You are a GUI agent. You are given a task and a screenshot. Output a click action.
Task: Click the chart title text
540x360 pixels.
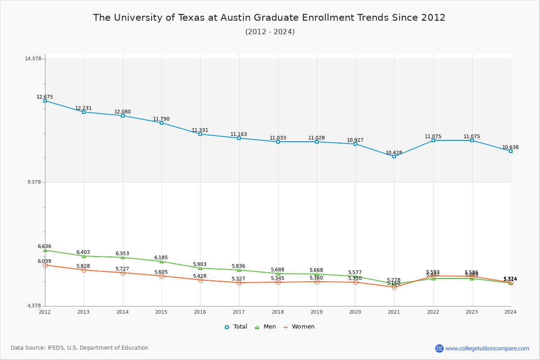point(269,18)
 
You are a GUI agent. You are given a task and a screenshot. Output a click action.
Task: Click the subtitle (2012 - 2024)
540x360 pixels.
point(270,32)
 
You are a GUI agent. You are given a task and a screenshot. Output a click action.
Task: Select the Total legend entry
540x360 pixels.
point(236,327)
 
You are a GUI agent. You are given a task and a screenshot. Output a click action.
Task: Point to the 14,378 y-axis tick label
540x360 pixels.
point(33,59)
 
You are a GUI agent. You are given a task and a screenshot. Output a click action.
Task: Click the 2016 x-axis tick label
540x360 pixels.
point(200,312)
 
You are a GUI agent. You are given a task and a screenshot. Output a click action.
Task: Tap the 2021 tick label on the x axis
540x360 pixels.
point(394,312)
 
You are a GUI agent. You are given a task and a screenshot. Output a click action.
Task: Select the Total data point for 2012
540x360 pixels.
point(45,101)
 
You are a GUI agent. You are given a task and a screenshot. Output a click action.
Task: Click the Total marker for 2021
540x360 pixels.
point(394,157)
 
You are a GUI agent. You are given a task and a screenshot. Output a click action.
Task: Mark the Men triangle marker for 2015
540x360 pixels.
point(162,261)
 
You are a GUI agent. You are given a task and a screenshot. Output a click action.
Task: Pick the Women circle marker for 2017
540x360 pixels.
point(239,283)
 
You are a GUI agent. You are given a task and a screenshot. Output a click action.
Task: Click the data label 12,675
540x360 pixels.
point(45,97)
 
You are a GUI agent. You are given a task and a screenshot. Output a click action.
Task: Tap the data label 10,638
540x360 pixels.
point(510,148)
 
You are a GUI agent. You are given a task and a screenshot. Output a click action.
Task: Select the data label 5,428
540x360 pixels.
point(200,276)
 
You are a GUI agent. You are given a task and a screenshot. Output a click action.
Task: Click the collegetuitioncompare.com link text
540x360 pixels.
point(487,348)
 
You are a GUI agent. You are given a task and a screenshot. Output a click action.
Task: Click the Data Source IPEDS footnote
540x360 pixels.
point(80,348)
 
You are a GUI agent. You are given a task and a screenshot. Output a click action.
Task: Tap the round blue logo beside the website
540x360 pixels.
point(439,348)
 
